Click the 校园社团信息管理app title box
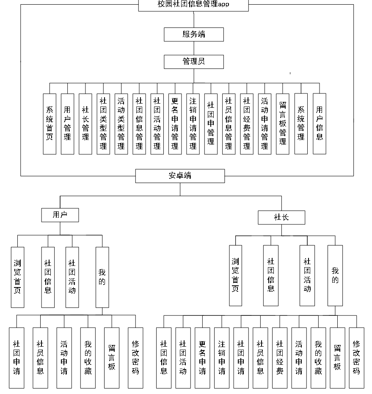point(193,5)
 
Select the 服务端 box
point(194,34)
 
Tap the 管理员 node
point(194,62)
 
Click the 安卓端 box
point(180,176)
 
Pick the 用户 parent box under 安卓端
point(60,215)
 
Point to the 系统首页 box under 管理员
point(50,123)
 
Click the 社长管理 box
point(85,123)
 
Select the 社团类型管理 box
point(103,123)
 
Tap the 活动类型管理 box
point(121,123)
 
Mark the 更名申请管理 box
point(175,123)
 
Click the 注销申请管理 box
point(193,123)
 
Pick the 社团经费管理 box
point(247,123)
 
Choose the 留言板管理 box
point(283,123)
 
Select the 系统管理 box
point(301,123)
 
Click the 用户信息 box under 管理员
point(320,123)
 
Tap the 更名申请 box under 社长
point(202,357)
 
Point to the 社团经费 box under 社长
point(279,357)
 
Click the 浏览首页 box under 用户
point(17,277)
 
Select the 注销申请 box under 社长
point(222,357)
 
